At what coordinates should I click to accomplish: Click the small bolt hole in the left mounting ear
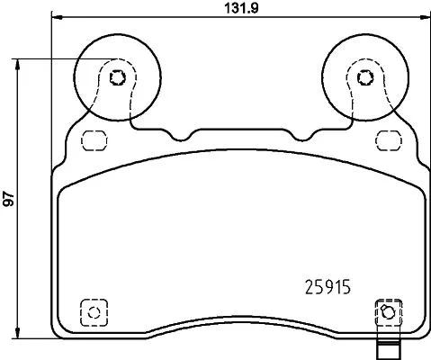[116, 76]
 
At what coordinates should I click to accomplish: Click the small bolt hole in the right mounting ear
[364, 76]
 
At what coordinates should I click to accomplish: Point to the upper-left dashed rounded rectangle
[92, 140]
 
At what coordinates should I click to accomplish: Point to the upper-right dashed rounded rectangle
[389, 140]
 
